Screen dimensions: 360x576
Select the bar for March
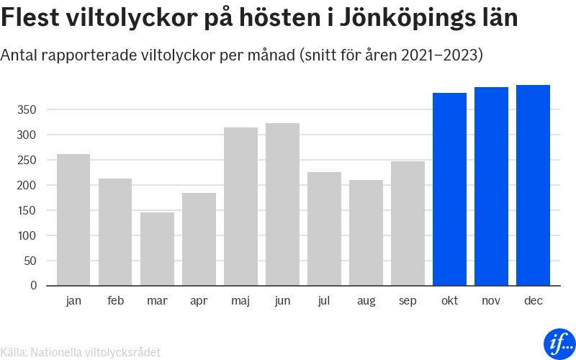tap(157, 248)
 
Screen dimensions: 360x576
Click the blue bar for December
tap(533, 185)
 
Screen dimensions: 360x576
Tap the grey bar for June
tap(282, 204)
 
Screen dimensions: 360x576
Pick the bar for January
tap(73, 220)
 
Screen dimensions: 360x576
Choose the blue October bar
tap(449, 189)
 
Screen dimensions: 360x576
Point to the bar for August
tap(366, 233)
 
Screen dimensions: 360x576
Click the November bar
tap(491, 186)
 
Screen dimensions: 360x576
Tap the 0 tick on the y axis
tap(33, 286)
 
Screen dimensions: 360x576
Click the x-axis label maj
tap(240, 301)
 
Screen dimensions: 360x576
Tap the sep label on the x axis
tap(408, 301)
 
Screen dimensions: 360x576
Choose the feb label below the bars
tap(115, 300)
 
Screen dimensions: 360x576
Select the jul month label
tap(324, 300)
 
